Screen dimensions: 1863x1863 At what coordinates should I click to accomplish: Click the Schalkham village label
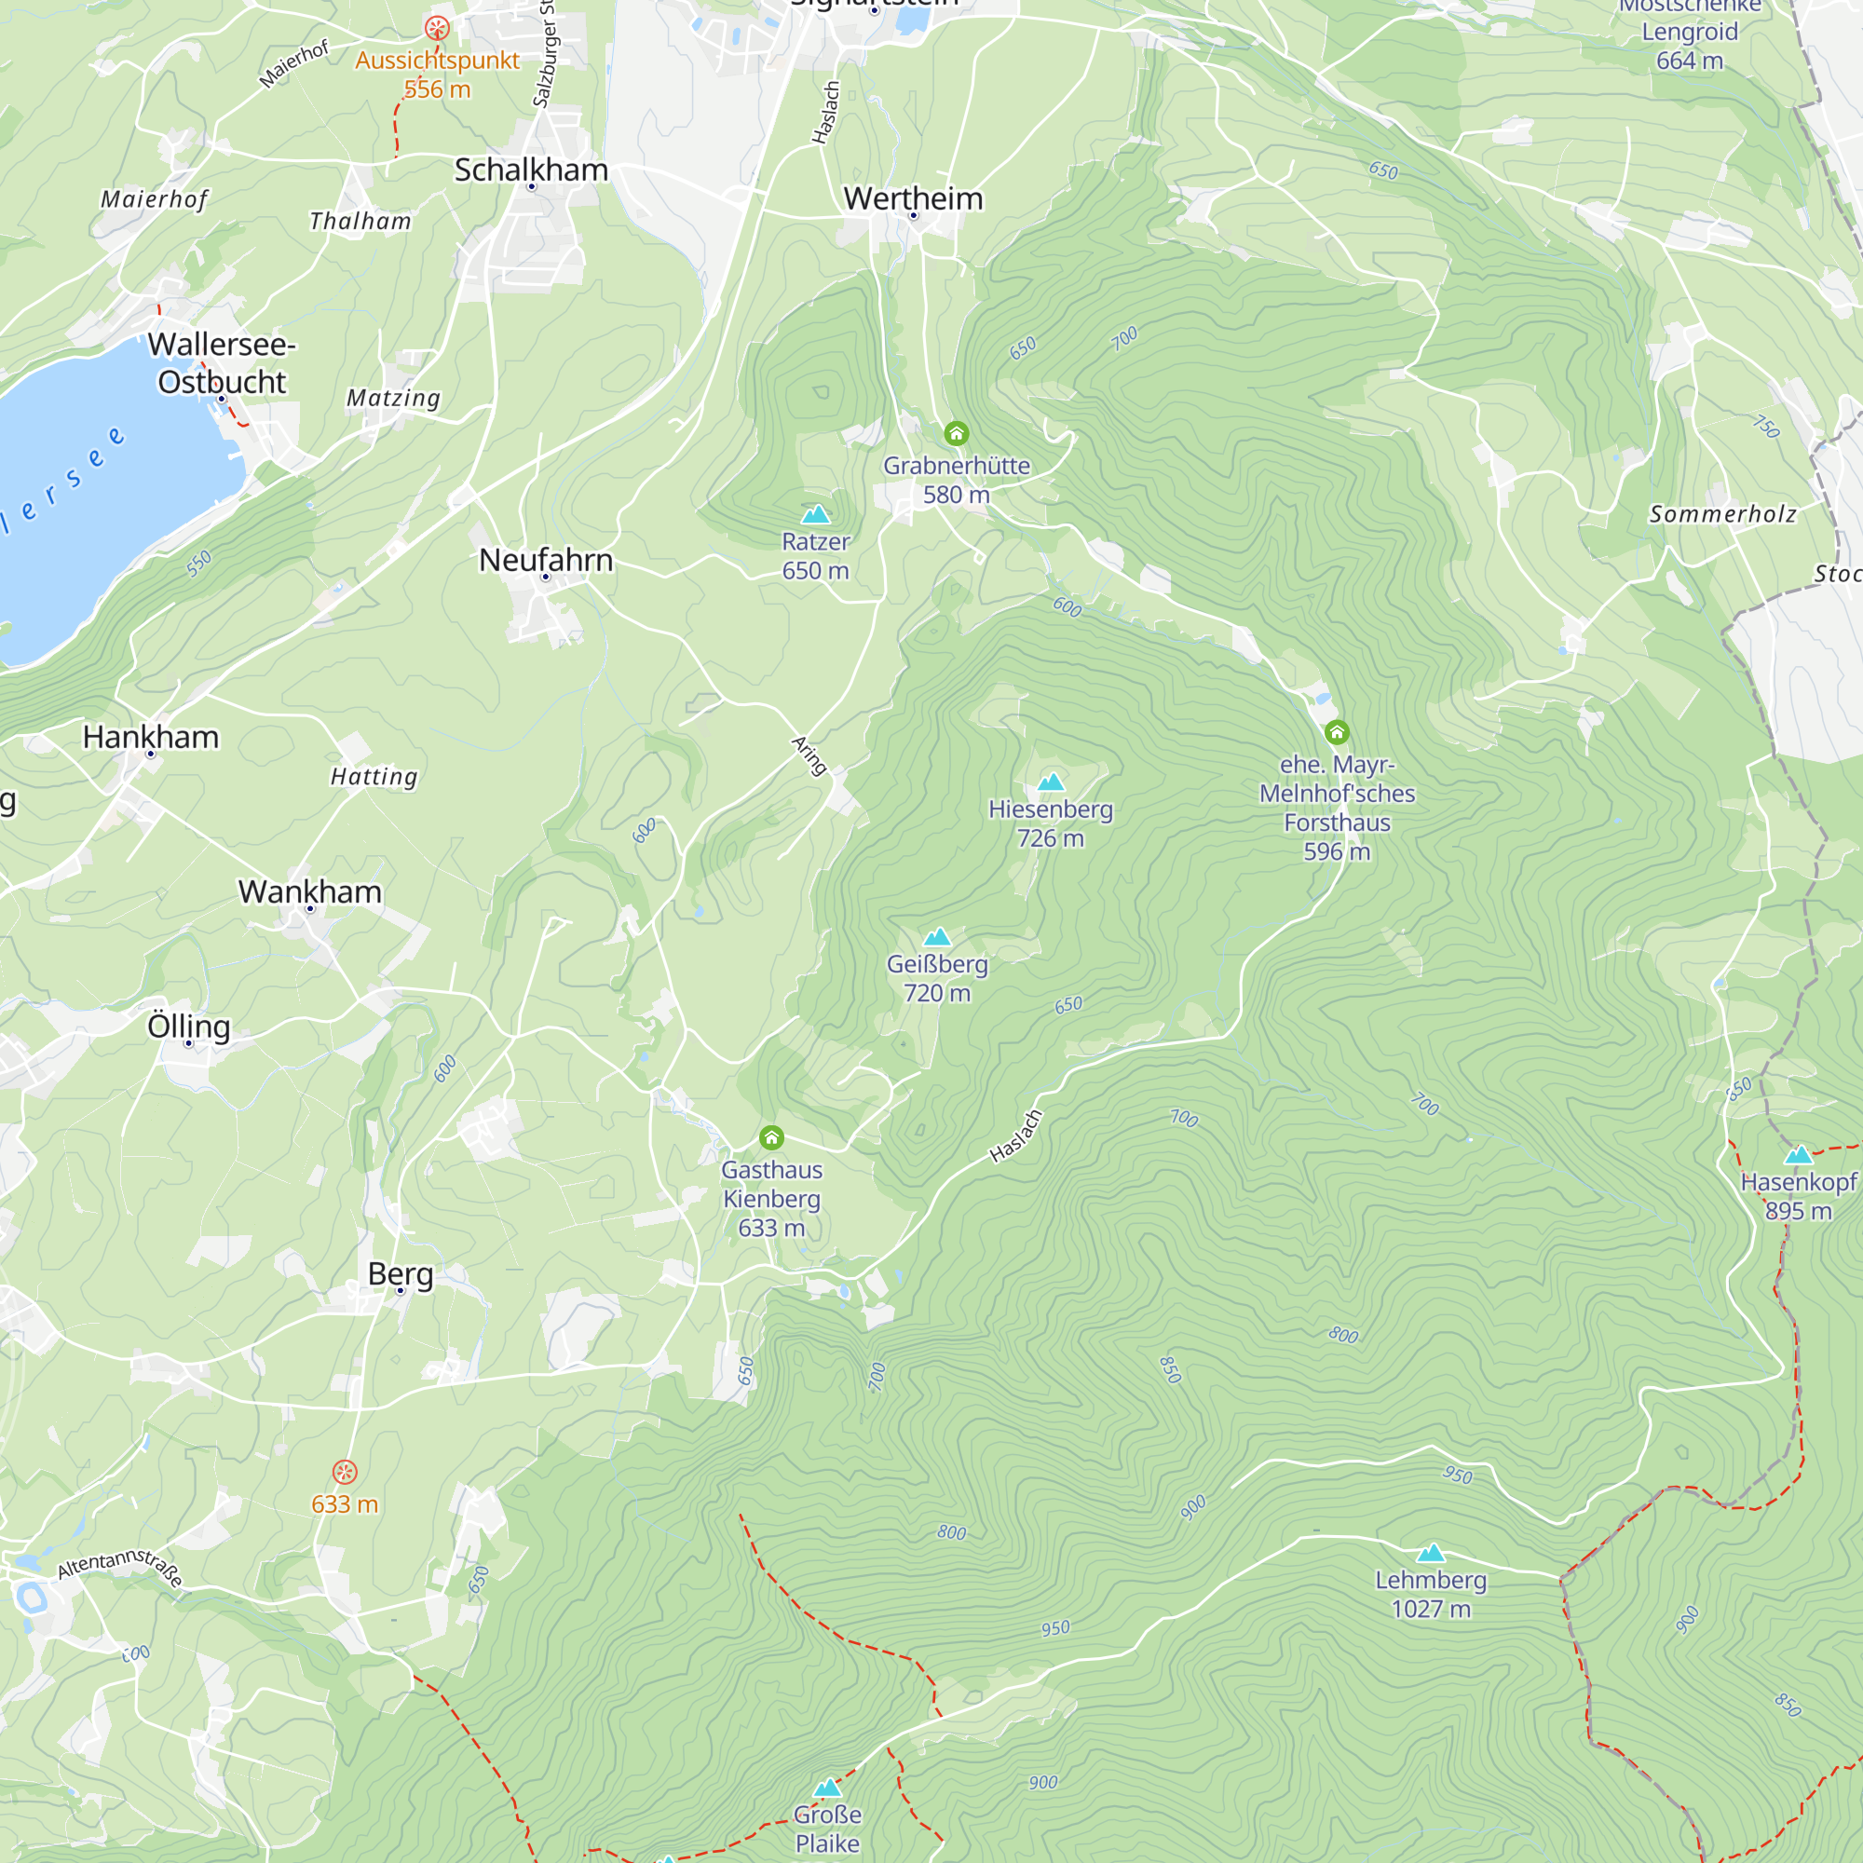(x=531, y=170)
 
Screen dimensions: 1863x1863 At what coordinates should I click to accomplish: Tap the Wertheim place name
(x=913, y=198)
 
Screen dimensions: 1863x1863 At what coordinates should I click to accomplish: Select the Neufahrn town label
(x=546, y=559)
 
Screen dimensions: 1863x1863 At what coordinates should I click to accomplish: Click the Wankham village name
(x=309, y=891)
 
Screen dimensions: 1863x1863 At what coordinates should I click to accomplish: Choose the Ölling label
(x=189, y=1026)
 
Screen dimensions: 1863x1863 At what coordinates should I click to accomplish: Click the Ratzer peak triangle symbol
(x=816, y=514)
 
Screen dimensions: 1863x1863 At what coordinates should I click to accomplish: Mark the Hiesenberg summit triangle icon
(x=1050, y=782)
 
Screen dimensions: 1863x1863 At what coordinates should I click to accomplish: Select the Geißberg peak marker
(x=937, y=936)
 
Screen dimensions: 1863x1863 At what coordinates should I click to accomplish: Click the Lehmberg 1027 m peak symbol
(x=1431, y=1553)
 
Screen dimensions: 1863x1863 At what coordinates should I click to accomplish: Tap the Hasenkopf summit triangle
(x=1799, y=1155)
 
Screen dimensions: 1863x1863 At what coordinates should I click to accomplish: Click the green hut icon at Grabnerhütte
(x=956, y=433)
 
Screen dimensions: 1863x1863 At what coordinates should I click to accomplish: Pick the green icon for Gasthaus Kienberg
(x=771, y=1138)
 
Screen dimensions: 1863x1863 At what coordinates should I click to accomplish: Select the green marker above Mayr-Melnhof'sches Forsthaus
(x=1337, y=733)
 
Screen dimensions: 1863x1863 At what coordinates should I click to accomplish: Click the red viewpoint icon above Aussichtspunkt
(x=437, y=28)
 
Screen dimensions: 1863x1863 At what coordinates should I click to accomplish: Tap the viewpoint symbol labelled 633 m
(x=345, y=1473)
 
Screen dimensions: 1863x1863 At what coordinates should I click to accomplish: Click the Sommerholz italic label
(x=1723, y=514)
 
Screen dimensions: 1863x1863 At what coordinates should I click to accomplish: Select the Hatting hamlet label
(x=374, y=776)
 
